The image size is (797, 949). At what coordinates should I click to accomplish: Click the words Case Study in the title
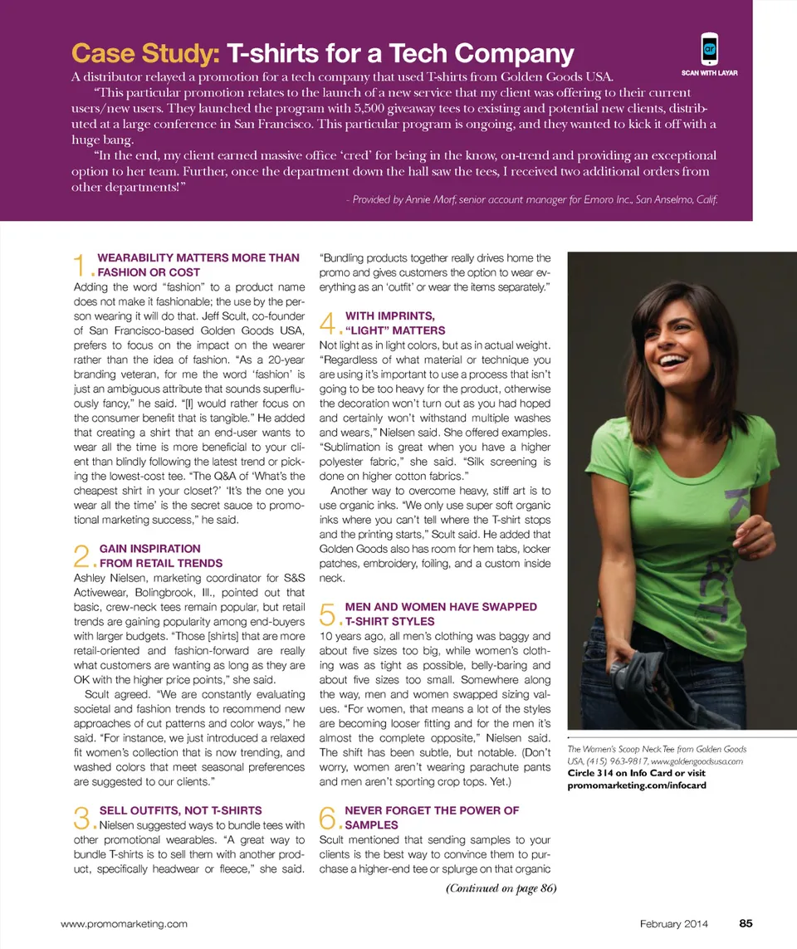tap(145, 54)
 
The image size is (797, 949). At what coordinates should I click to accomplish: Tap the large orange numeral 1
tap(81, 266)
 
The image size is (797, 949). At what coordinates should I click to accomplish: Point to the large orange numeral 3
tap(81, 818)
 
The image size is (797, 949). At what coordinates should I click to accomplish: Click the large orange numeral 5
tap(328, 614)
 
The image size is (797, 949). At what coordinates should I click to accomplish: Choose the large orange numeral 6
tap(328, 818)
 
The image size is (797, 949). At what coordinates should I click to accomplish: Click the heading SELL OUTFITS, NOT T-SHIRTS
tap(180, 810)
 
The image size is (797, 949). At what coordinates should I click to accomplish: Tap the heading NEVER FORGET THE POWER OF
tap(432, 810)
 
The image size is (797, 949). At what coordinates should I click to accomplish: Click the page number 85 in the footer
tap(746, 922)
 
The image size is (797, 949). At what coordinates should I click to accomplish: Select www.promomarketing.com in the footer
tap(125, 923)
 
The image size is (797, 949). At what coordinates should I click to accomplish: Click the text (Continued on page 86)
tap(501, 888)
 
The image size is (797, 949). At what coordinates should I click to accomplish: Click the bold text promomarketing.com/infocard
tap(636, 785)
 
